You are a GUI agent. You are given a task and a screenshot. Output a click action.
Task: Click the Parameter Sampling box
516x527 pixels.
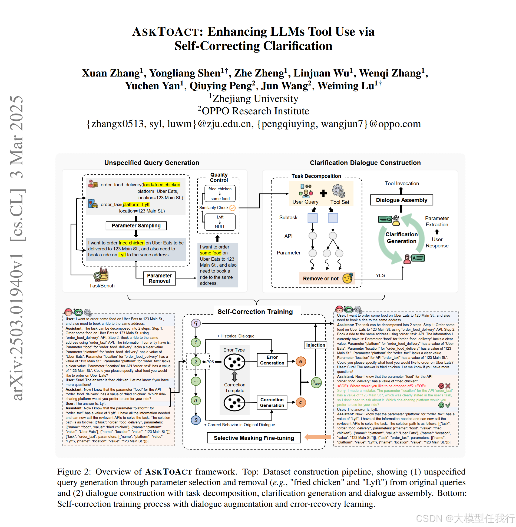[x=136, y=226]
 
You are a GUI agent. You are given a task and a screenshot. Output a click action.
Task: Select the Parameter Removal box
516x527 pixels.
[x=159, y=278]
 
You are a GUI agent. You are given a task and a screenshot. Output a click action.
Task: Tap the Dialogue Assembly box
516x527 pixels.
[x=401, y=200]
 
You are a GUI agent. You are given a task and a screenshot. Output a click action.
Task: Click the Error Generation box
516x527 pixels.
[x=272, y=360]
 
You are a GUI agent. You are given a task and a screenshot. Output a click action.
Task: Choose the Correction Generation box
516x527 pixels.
[x=272, y=402]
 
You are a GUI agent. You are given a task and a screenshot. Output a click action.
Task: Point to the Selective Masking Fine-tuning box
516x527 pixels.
[x=254, y=438]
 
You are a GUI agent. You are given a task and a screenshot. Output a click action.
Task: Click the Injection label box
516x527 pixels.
[x=315, y=345]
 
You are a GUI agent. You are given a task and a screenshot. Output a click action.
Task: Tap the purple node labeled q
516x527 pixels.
[x=196, y=323]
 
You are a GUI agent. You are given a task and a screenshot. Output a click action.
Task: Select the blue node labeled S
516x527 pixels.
[x=196, y=420]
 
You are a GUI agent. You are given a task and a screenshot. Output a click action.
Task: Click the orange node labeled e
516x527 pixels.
[x=300, y=362]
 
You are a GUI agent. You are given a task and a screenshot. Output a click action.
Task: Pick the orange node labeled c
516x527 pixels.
[x=300, y=402]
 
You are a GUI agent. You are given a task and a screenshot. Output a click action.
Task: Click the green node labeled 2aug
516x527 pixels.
[x=316, y=383]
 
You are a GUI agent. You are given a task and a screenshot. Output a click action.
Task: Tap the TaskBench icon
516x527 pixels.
[x=101, y=275]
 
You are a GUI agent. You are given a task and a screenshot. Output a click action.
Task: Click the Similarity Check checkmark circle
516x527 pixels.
[x=233, y=208]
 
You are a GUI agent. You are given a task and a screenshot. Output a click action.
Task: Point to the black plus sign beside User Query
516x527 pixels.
[x=323, y=193]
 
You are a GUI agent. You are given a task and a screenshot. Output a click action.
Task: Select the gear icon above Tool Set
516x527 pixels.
[x=339, y=191]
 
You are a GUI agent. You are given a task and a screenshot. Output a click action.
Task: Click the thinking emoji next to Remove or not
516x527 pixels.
[x=348, y=278]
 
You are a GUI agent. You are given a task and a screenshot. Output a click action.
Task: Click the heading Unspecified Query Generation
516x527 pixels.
[x=152, y=163]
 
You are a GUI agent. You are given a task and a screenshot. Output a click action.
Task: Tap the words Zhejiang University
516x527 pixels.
[x=255, y=98]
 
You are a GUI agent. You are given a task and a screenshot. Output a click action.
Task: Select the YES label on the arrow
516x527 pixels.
[x=380, y=275]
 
